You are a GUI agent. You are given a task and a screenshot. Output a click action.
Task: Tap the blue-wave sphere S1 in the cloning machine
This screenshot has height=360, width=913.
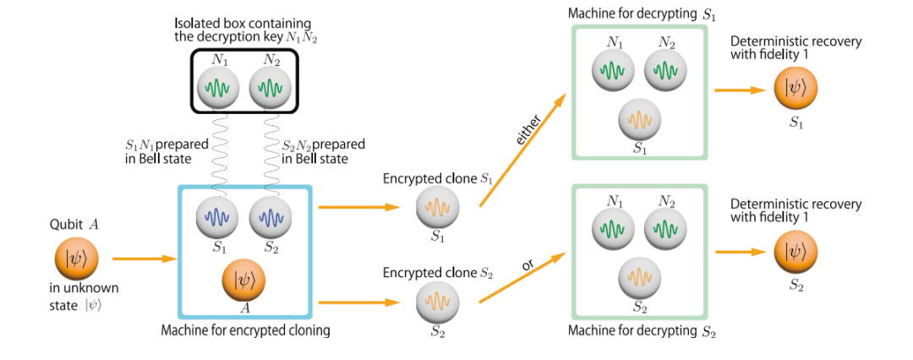coord(218,219)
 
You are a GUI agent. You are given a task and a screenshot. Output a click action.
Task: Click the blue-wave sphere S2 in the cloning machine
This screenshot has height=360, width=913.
coord(270,219)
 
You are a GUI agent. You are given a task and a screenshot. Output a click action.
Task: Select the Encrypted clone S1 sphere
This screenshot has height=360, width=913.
coord(438,208)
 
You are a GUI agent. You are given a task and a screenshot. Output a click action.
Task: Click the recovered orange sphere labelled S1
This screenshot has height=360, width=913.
coord(796,89)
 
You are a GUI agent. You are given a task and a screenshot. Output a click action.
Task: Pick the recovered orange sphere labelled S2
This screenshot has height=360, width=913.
coord(796,251)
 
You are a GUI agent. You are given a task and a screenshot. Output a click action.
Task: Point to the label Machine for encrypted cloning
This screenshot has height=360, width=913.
coord(245,330)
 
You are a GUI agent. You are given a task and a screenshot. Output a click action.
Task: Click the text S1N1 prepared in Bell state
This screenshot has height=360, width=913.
coord(161,151)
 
